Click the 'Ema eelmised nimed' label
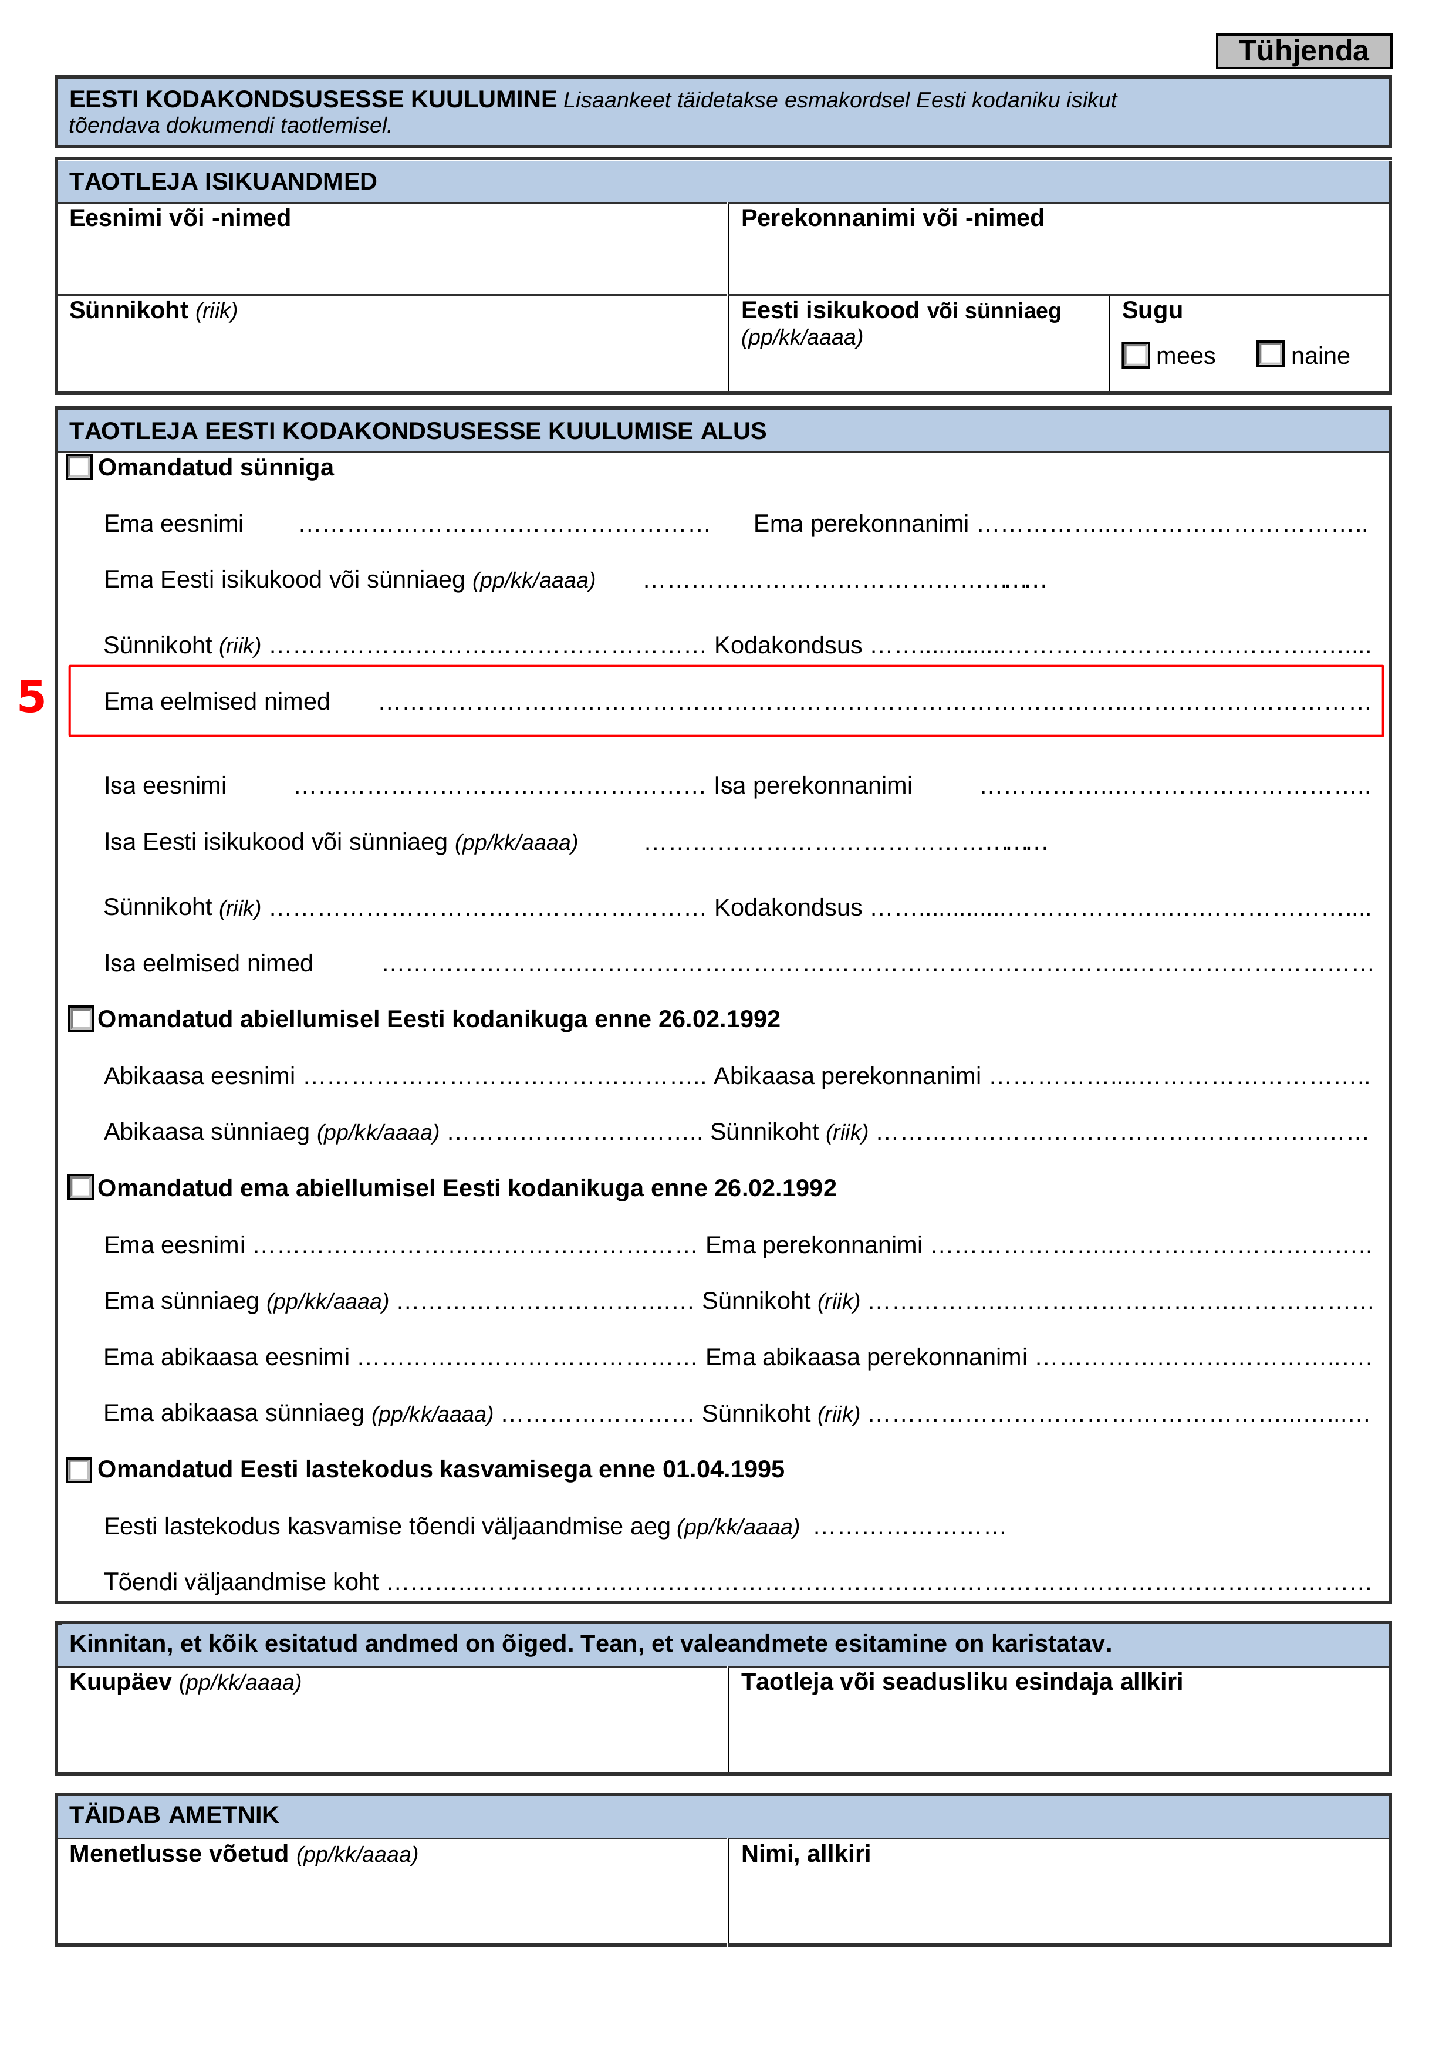pyautogui.click(x=217, y=701)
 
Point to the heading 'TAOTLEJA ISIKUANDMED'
pyautogui.click(x=223, y=182)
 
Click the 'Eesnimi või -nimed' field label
pyautogui.click(x=180, y=219)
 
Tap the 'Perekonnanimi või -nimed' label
pyautogui.click(x=892, y=219)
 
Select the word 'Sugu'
pyautogui.click(x=1152, y=310)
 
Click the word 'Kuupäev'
pyautogui.click(x=120, y=1682)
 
